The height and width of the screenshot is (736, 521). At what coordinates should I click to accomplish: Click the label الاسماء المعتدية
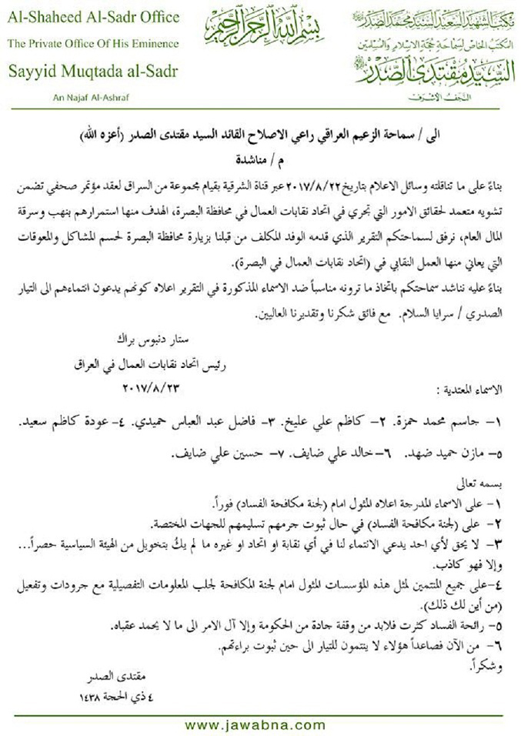(x=470, y=390)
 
